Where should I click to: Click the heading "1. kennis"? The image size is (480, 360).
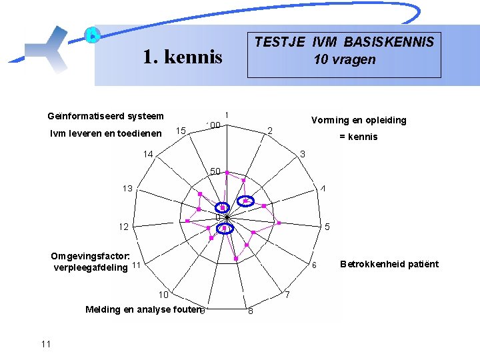tap(182, 57)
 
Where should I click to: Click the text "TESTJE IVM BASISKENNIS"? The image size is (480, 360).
tap(344, 42)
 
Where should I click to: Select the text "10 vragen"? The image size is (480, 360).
tap(344, 60)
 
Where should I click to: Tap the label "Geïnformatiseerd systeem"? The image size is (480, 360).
tap(105, 116)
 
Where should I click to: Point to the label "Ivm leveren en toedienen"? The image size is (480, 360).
tap(105, 133)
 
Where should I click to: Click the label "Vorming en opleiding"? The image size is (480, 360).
tap(359, 121)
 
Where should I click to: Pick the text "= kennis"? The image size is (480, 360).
tap(359, 137)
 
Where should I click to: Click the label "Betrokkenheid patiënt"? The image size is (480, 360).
tap(389, 264)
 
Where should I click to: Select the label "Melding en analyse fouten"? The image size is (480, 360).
tap(143, 309)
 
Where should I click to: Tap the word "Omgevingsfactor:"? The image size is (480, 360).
tap(91, 257)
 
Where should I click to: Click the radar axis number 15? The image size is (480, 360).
tap(180, 130)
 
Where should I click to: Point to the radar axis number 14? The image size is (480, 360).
tap(147, 154)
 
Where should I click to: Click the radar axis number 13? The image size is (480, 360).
tap(127, 189)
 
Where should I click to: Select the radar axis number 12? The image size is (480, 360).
tap(123, 227)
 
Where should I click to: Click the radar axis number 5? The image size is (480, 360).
tap(327, 227)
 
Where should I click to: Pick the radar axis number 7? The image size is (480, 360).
tap(287, 294)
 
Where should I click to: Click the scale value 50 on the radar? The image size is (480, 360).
tap(215, 171)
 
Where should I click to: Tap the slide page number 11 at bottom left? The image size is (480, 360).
tap(45, 344)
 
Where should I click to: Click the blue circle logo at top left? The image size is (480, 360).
tap(93, 35)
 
